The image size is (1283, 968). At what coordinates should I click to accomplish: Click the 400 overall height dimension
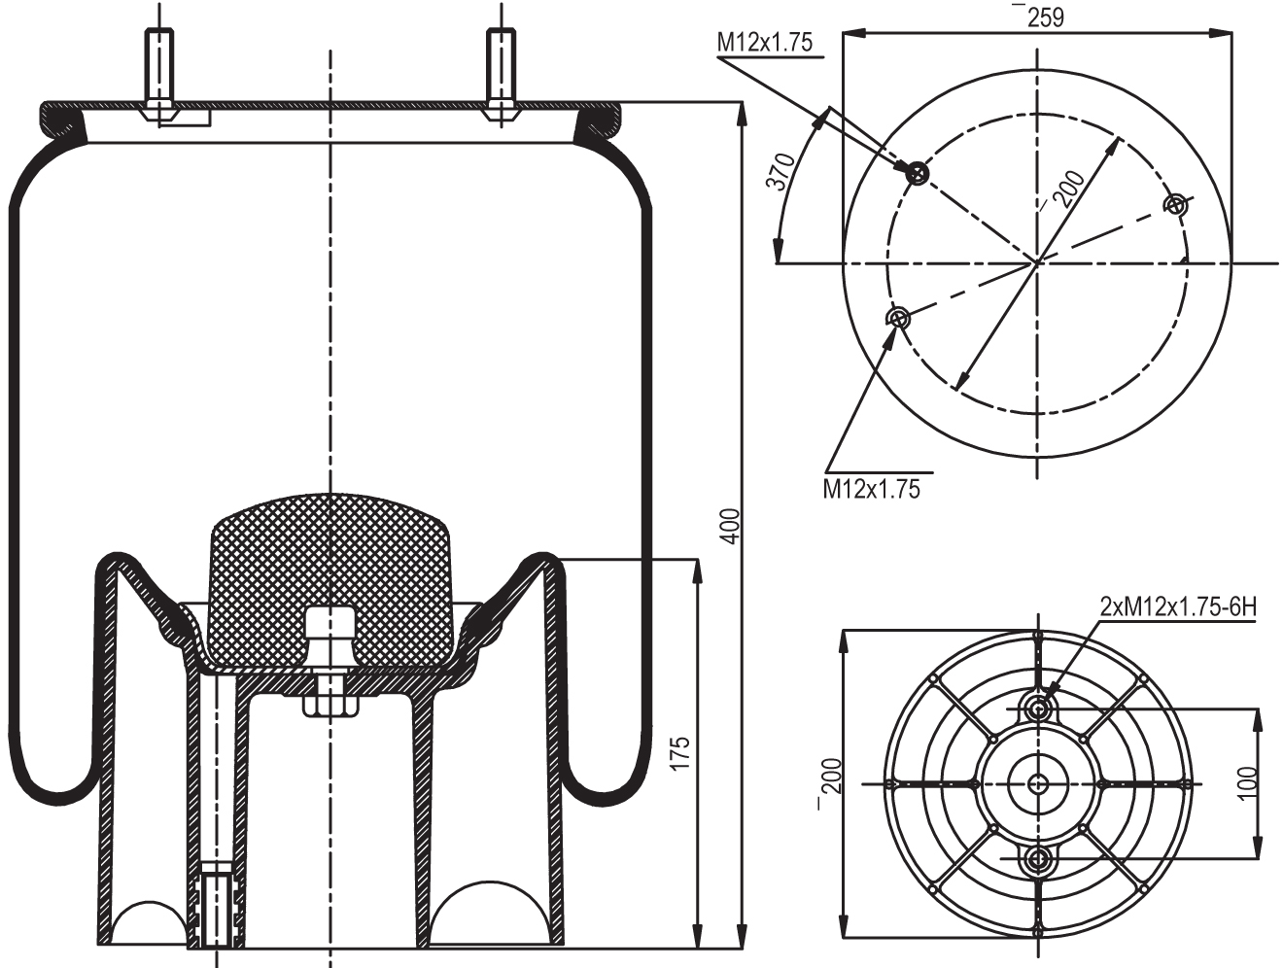[735, 524]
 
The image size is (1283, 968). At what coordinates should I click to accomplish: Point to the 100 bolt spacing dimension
[1250, 782]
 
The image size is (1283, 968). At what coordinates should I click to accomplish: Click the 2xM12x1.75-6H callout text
[1178, 607]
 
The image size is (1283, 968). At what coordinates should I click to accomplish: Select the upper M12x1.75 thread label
[765, 42]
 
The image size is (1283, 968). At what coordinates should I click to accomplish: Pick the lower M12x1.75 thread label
[871, 488]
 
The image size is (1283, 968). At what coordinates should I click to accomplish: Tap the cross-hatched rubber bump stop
[330, 573]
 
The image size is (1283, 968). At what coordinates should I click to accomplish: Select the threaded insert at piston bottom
[216, 909]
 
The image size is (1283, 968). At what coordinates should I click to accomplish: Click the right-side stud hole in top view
[1177, 204]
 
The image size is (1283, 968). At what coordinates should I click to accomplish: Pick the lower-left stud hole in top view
[898, 318]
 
